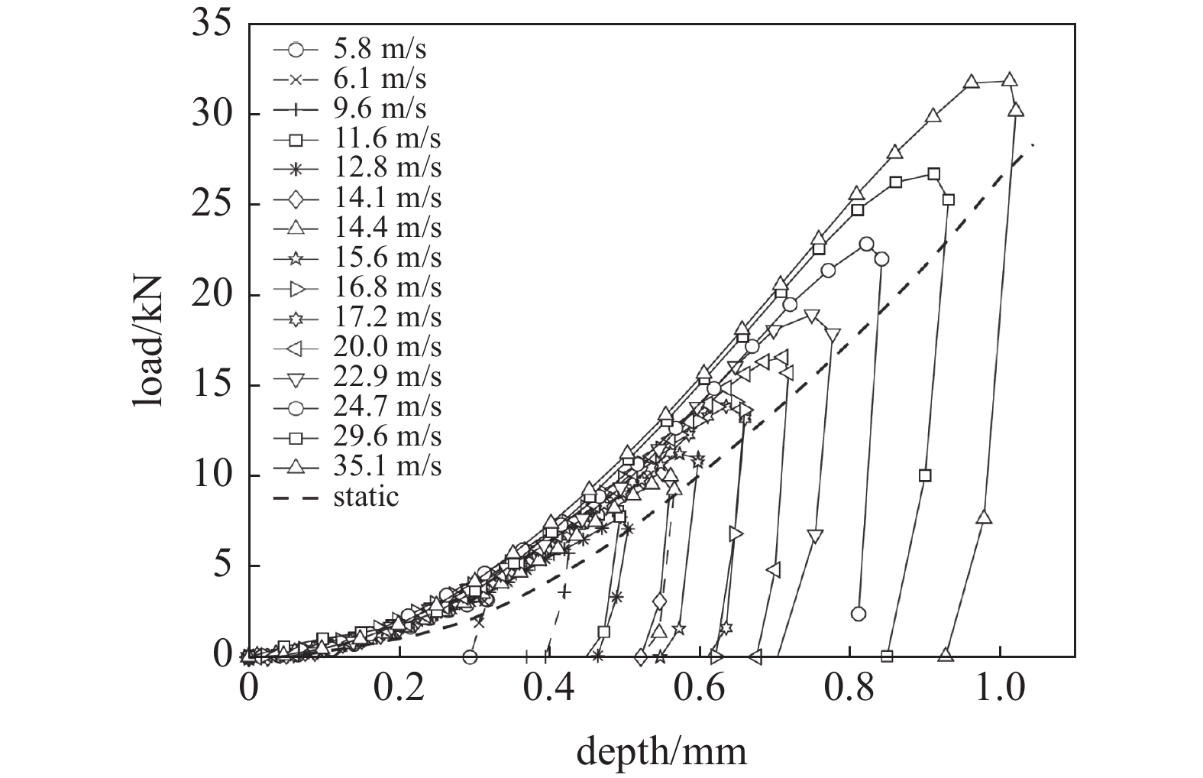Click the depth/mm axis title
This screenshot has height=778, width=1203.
(661, 752)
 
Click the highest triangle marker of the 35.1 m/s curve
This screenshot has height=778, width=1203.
(1009, 79)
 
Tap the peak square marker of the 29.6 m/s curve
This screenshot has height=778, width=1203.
(933, 174)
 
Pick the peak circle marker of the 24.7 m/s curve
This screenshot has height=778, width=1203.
(866, 244)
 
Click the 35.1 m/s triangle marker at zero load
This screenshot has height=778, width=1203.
(946, 655)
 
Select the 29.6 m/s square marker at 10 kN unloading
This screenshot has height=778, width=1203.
(925, 475)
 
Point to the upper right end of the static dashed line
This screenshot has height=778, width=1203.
(1033, 144)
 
